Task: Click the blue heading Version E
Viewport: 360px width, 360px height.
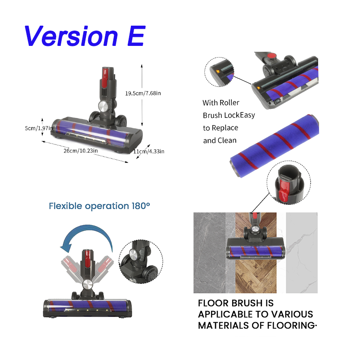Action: [85, 36]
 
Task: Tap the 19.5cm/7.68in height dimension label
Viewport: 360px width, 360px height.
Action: [143, 93]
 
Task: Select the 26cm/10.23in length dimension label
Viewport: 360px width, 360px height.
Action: [81, 151]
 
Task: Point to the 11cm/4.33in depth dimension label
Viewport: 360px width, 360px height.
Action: [149, 151]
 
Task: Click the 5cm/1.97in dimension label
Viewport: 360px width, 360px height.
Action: [39, 128]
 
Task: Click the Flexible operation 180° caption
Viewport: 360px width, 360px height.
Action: [99, 206]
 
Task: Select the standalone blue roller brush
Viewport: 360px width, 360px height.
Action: [274, 146]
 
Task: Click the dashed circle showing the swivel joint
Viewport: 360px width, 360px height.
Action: [141, 261]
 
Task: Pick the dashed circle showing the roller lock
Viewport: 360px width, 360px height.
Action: [219, 72]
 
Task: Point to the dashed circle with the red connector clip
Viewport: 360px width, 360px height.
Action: [288, 183]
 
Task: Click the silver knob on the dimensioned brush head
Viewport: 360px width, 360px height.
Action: [103, 106]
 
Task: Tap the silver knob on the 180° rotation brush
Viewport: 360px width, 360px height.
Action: [87, 285]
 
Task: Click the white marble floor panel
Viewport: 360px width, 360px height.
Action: [301, 252]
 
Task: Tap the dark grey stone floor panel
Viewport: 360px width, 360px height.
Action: [209, 252]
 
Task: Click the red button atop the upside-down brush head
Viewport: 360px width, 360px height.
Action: [271, 55]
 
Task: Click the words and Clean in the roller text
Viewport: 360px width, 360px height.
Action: [220, 140]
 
